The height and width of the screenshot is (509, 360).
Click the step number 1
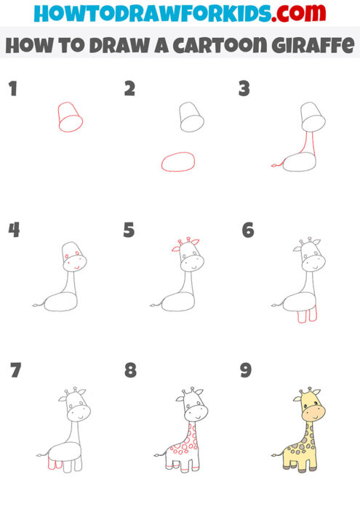pos(12,89)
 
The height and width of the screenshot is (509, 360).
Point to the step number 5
pos(129,231)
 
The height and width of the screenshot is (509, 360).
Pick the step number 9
pos(246,371)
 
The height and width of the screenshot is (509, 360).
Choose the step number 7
pos(15,371)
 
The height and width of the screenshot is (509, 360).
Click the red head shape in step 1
pos(68,117)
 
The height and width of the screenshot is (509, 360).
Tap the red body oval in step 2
pos(178,161)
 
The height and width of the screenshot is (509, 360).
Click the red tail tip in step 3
pos(273,166)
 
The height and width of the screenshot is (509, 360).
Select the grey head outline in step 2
pos(190,117)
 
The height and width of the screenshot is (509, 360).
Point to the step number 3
pos(244,89)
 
